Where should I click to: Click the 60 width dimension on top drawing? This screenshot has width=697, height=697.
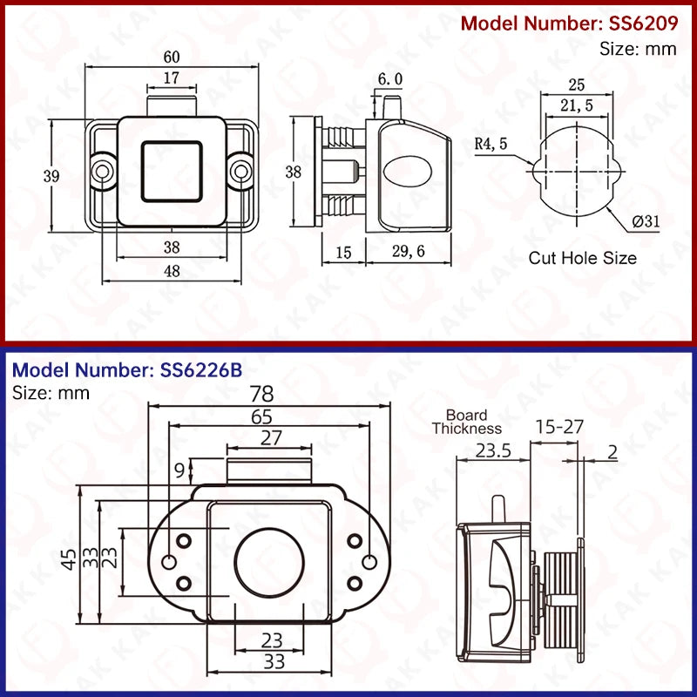tap(172, 57)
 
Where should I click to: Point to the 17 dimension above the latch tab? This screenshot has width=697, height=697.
tap(172, 78)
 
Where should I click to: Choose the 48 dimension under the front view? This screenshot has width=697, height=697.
tap(172, 271)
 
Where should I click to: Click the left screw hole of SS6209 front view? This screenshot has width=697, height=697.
tap(104, 172)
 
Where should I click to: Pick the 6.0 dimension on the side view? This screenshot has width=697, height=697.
tap(389, 79)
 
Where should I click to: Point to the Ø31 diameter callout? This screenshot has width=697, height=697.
tap(646, 221)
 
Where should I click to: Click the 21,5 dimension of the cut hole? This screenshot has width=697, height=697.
tap(577, 105)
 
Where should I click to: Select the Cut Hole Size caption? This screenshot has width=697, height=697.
tap(582, 258)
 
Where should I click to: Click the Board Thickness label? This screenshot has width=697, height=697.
tap(467, 422)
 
